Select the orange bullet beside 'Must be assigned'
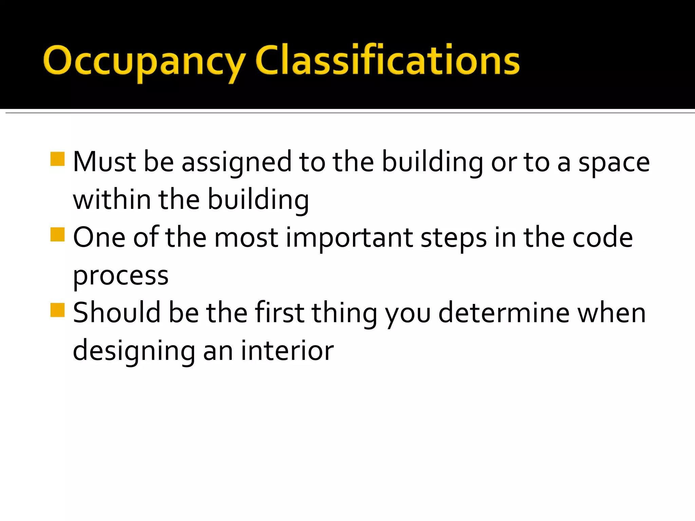pyautogui.click(x=57, y=159)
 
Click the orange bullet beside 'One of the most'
pyautogui.click(x=57, y=234)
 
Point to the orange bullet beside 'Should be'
pyautogui.click(x=57, y=310)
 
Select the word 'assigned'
pyautogui.click(x=237, y=163)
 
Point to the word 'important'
pyautogui.click(x=349, y=238)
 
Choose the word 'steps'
pyautogui.click(x=453, y=238)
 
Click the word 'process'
pyautogui.click(x=121, y=276)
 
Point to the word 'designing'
pyautogui.click(x=134, y=351)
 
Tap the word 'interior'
pyautogui.click(x=287, y=350)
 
